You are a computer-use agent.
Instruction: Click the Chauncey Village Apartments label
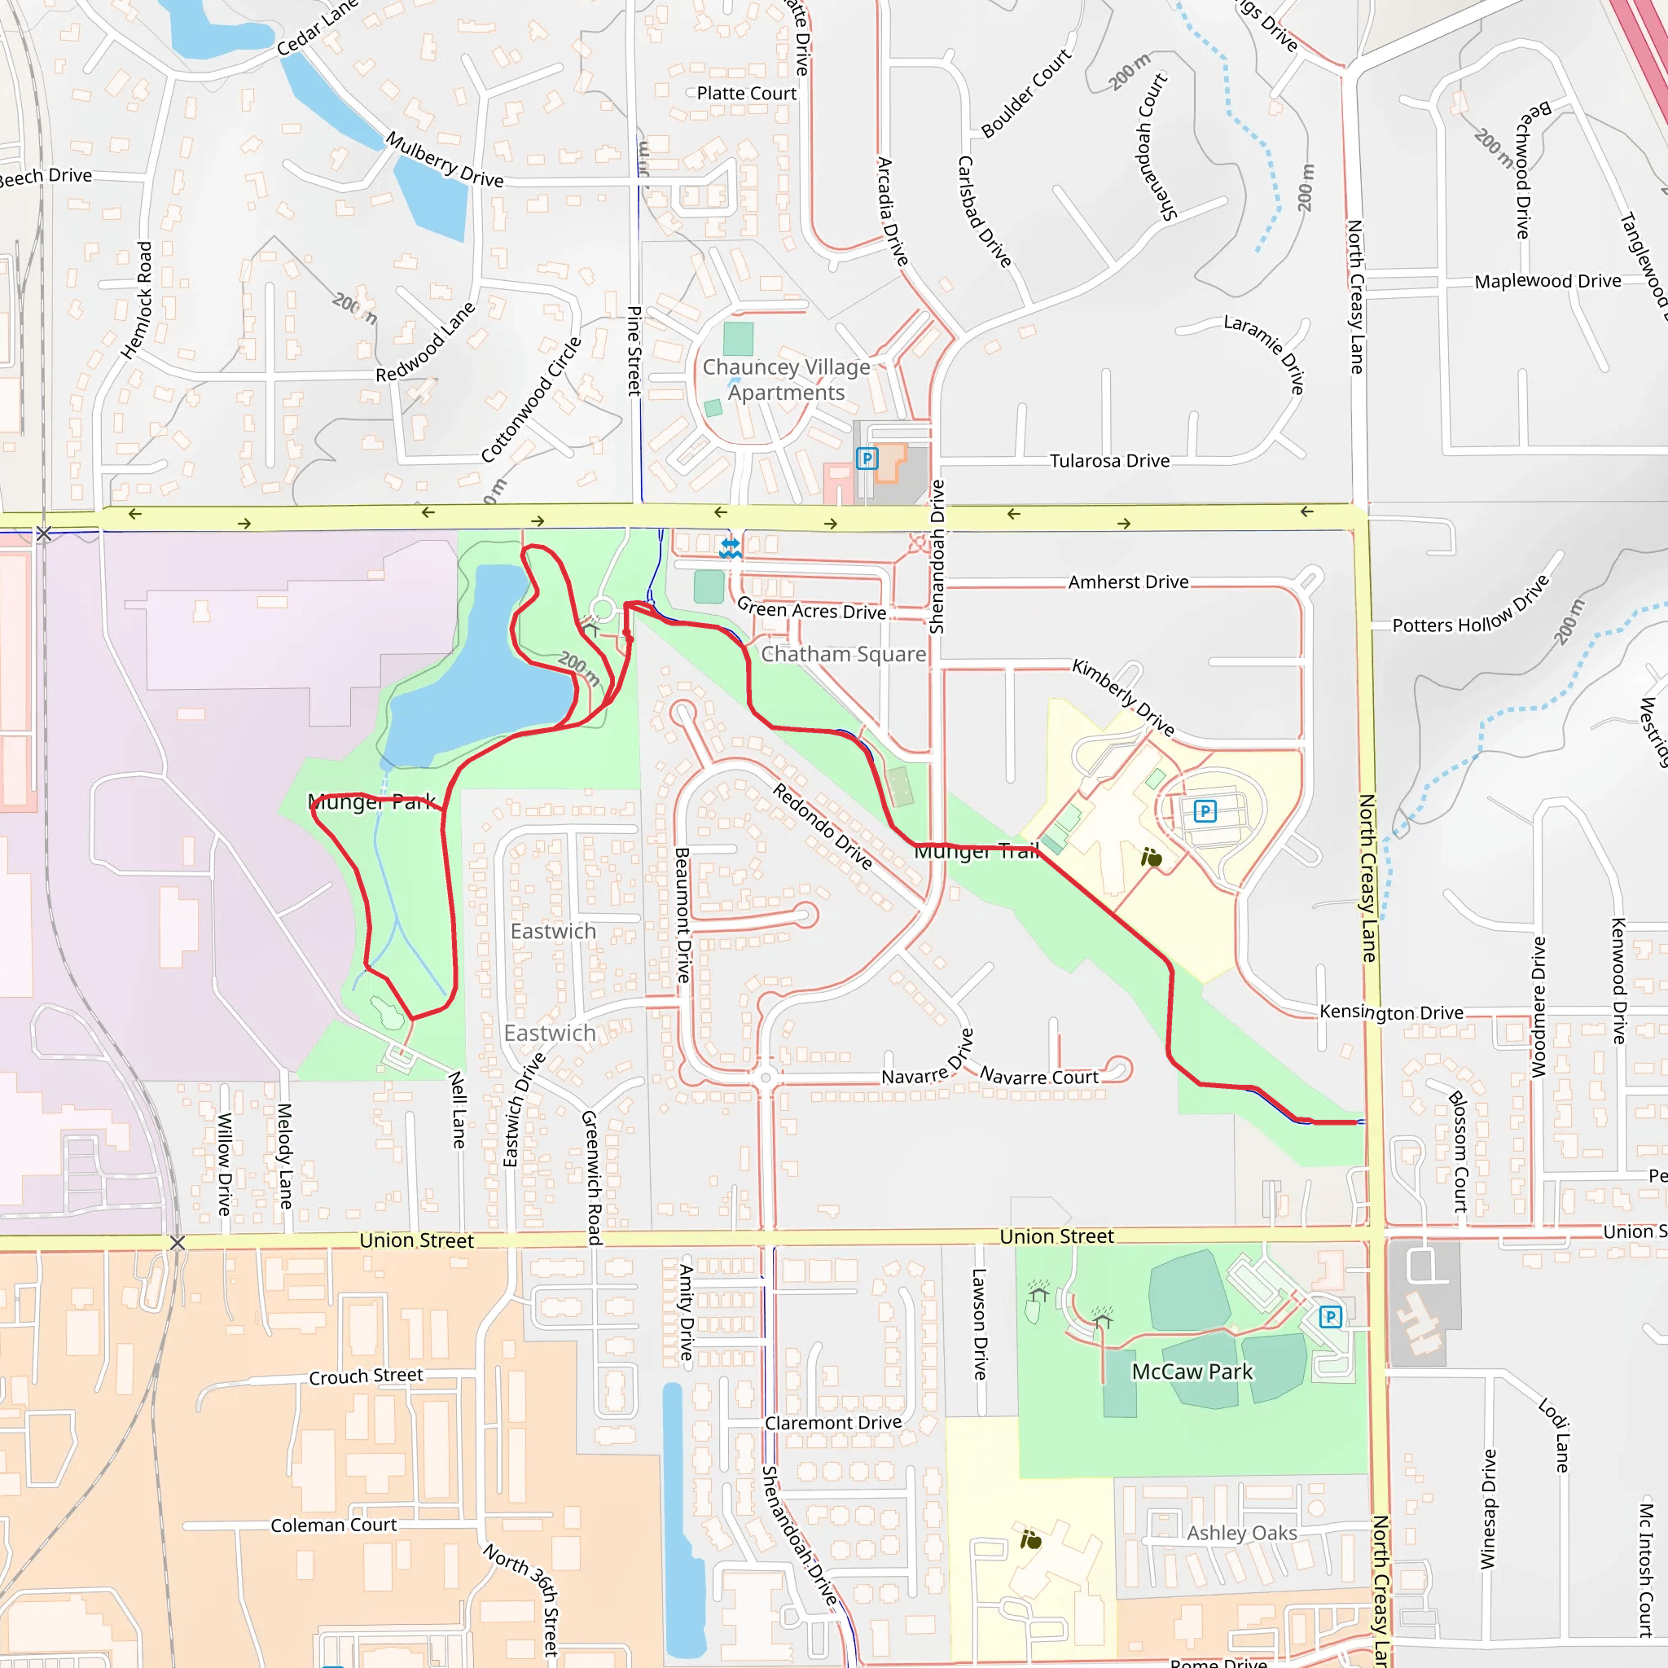coord(786,380)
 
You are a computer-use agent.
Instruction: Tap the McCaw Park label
coord(1192,1372)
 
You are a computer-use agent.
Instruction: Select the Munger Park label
coord(372,802)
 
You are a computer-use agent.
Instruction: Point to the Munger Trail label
coord(976,852)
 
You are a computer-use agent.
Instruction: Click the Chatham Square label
coord(843,655)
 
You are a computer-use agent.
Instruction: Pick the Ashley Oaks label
coord(1241,1533)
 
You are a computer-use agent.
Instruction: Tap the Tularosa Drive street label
coord(1109,461)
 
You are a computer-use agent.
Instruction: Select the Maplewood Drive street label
coord(1547,282)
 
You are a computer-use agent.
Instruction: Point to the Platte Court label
coord(746,93)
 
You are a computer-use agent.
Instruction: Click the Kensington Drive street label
coord(1391,1012)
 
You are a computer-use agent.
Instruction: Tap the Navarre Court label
coord(1038,1077)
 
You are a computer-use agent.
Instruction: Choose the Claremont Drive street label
coord(833,1423)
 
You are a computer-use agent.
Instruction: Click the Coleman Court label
coord(333,1525)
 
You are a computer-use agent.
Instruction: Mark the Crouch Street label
coord(366,1376)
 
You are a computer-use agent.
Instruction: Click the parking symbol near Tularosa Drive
coord(867,459)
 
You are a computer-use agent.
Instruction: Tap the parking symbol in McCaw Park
coord(1331,1318)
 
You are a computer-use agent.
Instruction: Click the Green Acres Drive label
coord(811,609)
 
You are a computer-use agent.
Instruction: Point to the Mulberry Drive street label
coord(444,160)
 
